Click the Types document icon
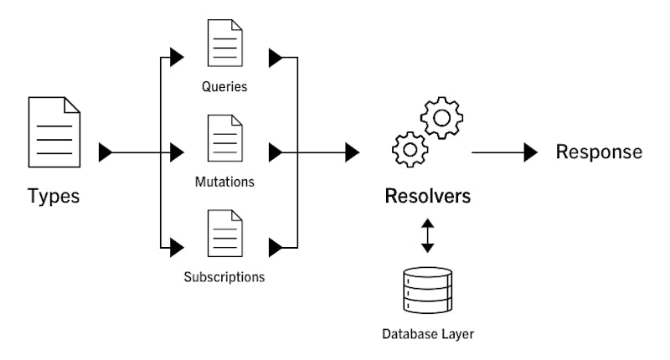54,131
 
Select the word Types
54,197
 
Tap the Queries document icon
224,44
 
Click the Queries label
224,85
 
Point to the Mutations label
224,180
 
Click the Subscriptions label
224,275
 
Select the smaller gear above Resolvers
410,149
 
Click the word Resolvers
427,197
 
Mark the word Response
600,152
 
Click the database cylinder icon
427,289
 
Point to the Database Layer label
427,334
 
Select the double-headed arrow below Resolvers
427,235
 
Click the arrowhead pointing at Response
530,152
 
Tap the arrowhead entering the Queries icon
176,58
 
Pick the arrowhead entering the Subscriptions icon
176,247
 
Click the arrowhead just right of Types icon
106,152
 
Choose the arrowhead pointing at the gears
353,152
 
